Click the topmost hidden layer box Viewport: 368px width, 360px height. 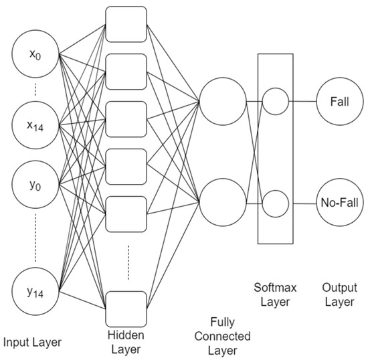click(126, 27)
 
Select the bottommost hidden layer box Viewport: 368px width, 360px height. click(126, 308)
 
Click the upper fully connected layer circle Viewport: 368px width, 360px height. click(223, 102)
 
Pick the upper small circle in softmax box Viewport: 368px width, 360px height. click(275, 102)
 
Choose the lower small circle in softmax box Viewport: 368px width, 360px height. click(275, 202)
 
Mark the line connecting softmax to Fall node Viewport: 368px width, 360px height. click(303, 102)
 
